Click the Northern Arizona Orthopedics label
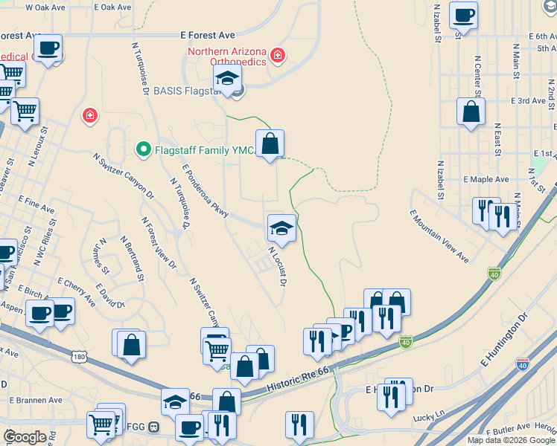(226, 56)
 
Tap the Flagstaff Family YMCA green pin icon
(143, 149)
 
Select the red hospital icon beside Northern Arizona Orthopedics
(278, 55)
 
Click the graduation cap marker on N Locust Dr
(281, 227)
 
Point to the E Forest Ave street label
(208, 35)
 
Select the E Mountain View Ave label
(439, 236)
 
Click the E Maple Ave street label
(486, 179)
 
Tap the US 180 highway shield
(80, 358)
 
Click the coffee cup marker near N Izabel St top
(463, 16)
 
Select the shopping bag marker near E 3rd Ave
(471, 112)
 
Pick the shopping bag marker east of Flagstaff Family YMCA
(270, 143)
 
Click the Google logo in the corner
(25, 437)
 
